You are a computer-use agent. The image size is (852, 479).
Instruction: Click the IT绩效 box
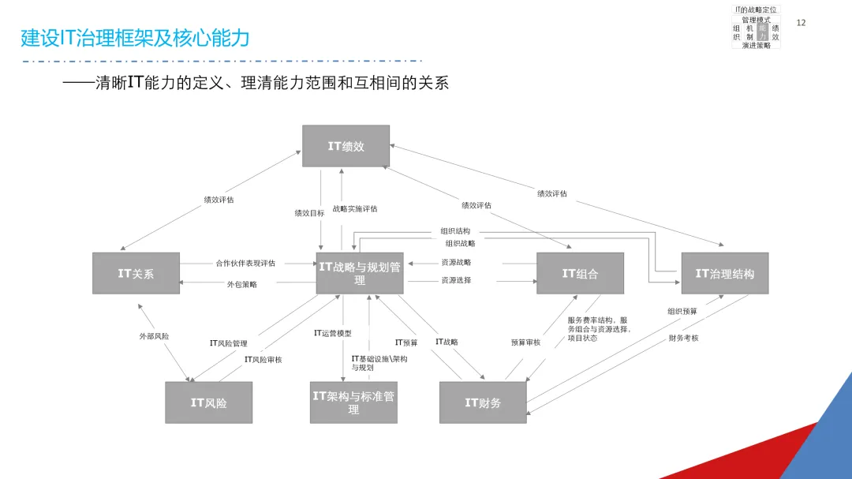[346, 146]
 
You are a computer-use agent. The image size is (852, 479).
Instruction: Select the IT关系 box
[136, 274]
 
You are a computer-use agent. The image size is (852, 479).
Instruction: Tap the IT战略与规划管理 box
[360, 274]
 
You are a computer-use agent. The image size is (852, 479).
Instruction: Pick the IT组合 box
[580, 274]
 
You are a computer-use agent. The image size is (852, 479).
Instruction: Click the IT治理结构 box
[724, 274]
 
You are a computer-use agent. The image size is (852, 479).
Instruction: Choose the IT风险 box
[208, 402]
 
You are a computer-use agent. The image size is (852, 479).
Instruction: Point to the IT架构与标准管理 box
[353, 402]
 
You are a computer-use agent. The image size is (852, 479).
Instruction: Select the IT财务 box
[483, 402]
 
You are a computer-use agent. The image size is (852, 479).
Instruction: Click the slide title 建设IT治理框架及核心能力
[135, 37]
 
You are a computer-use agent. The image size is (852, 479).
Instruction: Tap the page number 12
[802, 23]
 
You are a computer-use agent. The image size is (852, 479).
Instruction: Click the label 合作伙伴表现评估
[245, 263]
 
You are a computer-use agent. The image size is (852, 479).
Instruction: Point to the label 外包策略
[242, 284]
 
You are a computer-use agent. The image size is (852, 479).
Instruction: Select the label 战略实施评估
[355, 209]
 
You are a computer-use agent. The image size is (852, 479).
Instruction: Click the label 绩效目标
[309, 213]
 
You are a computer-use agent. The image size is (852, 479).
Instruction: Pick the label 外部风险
[154, 336]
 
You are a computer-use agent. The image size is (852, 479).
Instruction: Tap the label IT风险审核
[263, 360]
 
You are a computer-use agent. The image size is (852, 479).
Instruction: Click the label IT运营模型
[332, 333]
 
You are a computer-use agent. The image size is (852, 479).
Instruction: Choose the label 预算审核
[525, 342]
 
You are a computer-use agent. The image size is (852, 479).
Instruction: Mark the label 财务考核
[683, 338]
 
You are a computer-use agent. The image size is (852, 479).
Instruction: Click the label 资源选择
[456, 280]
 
